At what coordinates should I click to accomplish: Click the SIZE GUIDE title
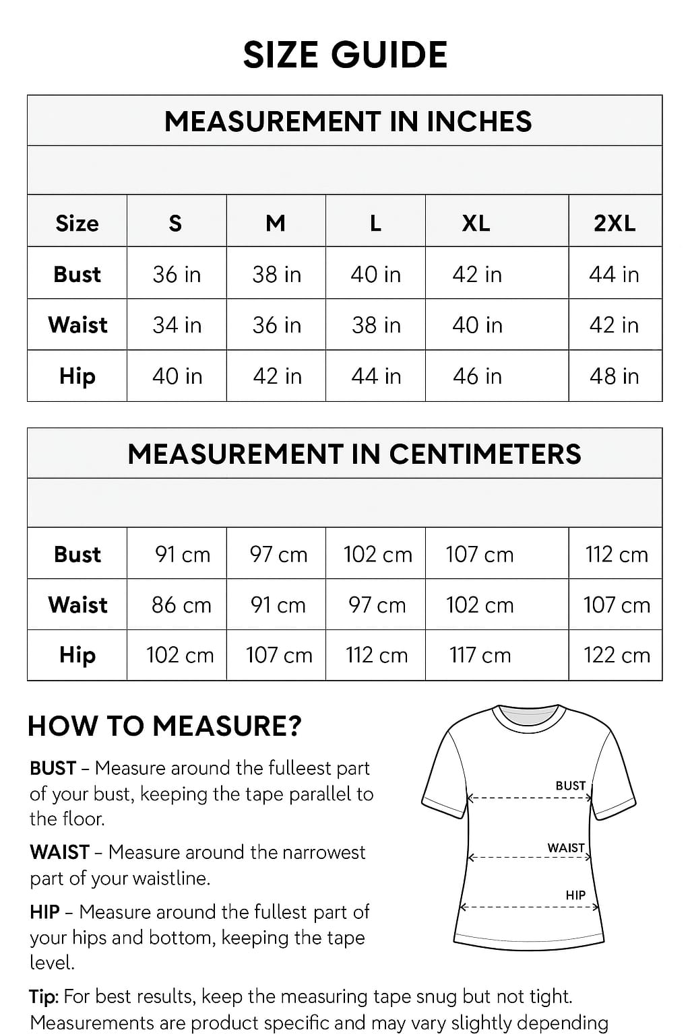[x=345, y=55]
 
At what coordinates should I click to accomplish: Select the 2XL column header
[x=615, y=223]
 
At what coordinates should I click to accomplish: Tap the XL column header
[x=476, y=223]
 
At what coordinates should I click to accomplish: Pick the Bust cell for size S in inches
[x=177, y=275]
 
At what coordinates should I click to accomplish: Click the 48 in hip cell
[x=614, y=376]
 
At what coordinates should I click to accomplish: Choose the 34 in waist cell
[x=177, y=325]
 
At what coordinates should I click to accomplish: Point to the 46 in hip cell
[x=477, y=376]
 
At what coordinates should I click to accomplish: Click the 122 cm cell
[x=617, y=655]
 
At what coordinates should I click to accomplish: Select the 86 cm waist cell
[x=181, y=605]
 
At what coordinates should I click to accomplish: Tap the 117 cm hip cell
[x=480, y=655]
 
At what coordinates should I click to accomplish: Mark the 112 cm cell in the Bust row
[x=617, y=555]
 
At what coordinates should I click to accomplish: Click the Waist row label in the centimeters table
[x=77, y=605]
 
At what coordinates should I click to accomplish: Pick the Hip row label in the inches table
[x=77, y=376]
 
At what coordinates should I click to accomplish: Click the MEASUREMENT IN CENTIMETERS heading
[x=354, y=454]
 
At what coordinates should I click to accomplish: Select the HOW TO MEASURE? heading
[x=164, y=726]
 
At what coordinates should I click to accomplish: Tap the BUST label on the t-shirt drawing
[x=570, y=786]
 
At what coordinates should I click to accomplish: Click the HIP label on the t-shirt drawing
[x=575, y=895]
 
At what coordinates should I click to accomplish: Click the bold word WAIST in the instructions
[x=59, y=852]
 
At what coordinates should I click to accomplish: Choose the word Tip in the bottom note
[x=44, y=996]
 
